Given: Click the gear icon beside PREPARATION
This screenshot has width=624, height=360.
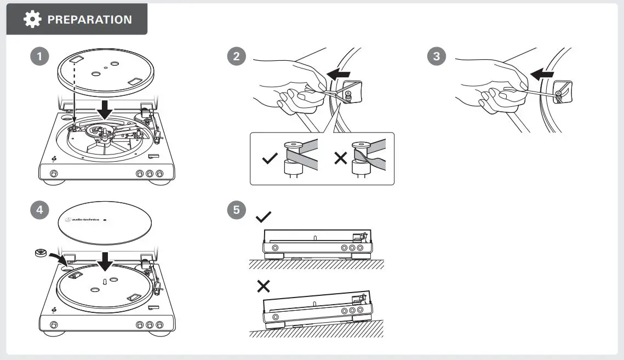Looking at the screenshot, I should click(32, 19).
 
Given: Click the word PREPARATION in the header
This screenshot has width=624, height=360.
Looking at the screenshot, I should click(89, 20).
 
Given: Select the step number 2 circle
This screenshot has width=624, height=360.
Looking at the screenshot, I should click(236, 57).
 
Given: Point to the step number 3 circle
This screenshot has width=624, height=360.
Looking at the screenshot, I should click(436, 57).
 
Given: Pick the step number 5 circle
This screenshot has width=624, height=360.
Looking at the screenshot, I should click(236, 210).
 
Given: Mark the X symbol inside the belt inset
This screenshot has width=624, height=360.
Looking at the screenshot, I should click(341, 159).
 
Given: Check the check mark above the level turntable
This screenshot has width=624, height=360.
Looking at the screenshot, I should click(264, 217).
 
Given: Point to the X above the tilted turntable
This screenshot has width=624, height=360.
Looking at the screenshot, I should click(264, 286).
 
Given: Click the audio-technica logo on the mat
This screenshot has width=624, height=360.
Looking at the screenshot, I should click(83, 220).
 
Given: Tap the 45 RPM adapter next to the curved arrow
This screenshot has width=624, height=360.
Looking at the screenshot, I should click(41, 253).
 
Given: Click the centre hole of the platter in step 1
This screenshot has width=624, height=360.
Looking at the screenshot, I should click(95, 73).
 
